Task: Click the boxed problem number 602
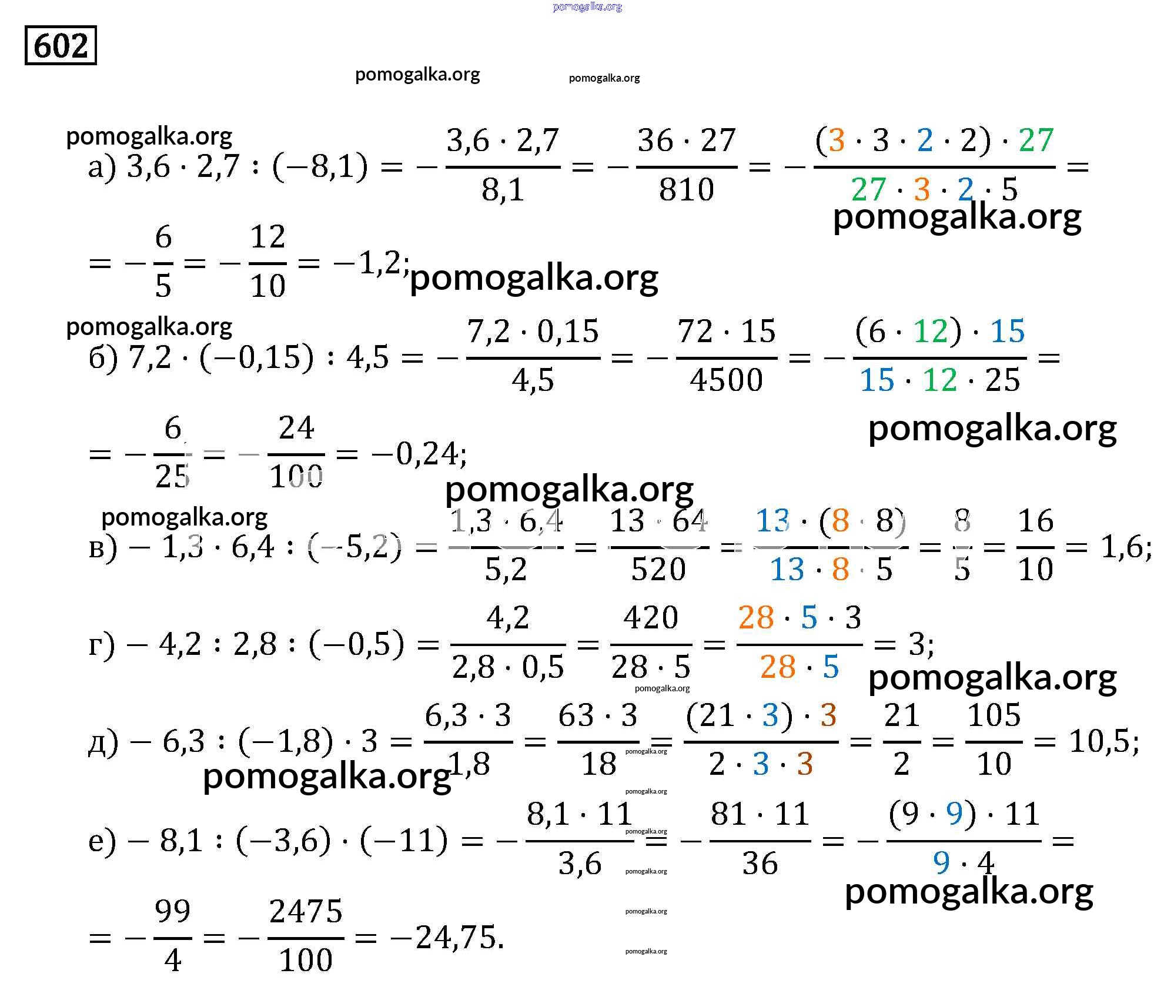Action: [61, 45]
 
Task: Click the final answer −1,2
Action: [369, 262]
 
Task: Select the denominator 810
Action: [686, 190]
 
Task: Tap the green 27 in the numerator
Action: [1036, 140]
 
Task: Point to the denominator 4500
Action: [727, 380]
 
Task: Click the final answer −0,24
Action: [419, 454]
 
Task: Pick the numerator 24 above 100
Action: [296, 428]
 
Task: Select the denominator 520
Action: [658, 569]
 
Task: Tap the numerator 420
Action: [651, 618]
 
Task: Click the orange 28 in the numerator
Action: [755, 618]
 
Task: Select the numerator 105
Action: [994, 715]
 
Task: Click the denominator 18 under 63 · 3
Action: [598, 764]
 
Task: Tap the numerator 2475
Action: [306, 912]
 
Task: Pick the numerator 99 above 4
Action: [172, 912]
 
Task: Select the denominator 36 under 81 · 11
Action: [760, 864]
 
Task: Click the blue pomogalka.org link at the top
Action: [587, 7]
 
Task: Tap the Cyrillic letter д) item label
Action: [103, 743]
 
